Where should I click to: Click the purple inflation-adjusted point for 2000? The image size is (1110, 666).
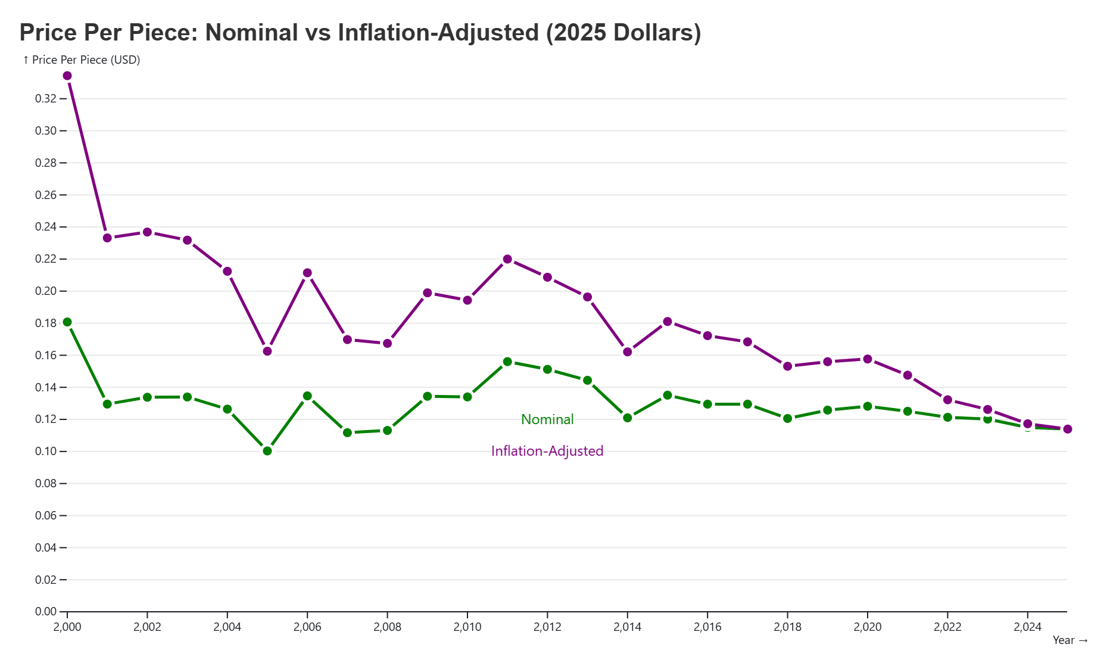pyautogui.click(x=67, y=76)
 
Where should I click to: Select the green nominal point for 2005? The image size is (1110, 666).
pyautogui.click(x=267, y=451)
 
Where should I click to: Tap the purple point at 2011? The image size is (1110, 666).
pyautogui.click(x=507, y=259)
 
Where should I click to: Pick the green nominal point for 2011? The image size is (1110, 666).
pyautogui.click(x=507, y=362)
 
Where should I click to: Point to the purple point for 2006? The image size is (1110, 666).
pyautogui.click(x=307, y=273)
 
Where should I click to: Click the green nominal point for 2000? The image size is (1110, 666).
pyautogui.click(x=67, y=322)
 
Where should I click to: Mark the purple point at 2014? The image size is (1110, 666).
pyautogui.click(x=628, y=352)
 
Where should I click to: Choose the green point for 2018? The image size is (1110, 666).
pyautogui.click(x=787, y=418)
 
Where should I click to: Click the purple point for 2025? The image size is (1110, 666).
pyautogui.click(x=1067, y=429)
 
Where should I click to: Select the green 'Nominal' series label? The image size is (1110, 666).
pyautogui.click(x=547, y=419)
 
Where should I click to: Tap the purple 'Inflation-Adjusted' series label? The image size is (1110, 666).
pyautogui.click(x=547, y=451)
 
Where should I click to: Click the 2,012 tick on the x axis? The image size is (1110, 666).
pyautogui.click(x=547, y=627)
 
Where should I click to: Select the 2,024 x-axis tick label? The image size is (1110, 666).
pyautogui.click(x=1027, y=627)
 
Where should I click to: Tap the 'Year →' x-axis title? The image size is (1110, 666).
pyautogui.click(x=1070, y=640)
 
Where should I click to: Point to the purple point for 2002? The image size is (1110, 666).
pyautogui.click(x=147, y=232)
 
